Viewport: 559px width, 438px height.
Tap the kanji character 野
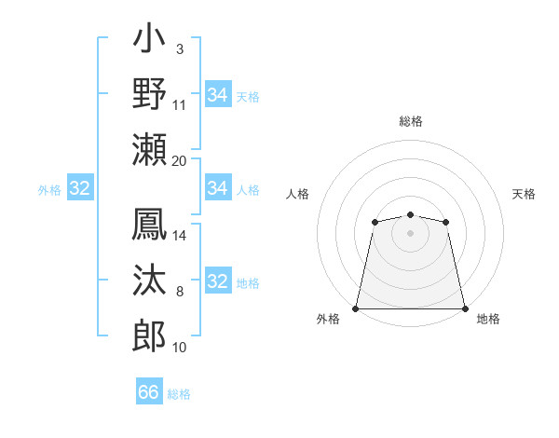pyautogui.click(x=150, y=95)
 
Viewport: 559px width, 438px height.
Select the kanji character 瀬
pyautogui.click(x=150, y=150)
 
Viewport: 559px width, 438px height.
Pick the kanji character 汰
pyautogui.click(x=150, y=282)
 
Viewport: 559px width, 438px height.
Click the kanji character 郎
pyautogui.click(x=150, y=336)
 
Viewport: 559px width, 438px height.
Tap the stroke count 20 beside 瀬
pyautogui.click(x=180, y=161)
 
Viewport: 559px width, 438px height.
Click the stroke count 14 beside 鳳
pyautogui.click(x=180, y=236)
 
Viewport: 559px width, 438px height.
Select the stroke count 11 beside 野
pyautogui.click(x=180, y=105)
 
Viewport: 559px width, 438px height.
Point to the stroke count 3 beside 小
pyautogui.click(x=180, y=49)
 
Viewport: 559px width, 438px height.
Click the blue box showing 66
pyautogui.click(x=149, y=392)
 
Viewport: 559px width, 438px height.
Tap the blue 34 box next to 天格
pyautogui.click(x=218, y=95)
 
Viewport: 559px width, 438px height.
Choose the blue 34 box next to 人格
pyautogui.click(x=218, y=189)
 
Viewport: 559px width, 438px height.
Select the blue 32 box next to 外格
pyautogui.click(x=79, y=189)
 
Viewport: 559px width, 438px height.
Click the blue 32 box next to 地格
pyautogui.click(x=218, y=282)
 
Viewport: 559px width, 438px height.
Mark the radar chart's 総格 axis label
pyautogui.click(x=411, y=121)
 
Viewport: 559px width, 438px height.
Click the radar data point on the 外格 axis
pyautogui.click(x=356, y=308)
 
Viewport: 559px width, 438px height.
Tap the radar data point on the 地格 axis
pyautogui.click(x=465, y=308)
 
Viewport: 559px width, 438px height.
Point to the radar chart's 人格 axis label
pyautogui.click(x=297, y=194)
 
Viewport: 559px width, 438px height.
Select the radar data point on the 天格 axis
pyautogui.click(x=446, y=222)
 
